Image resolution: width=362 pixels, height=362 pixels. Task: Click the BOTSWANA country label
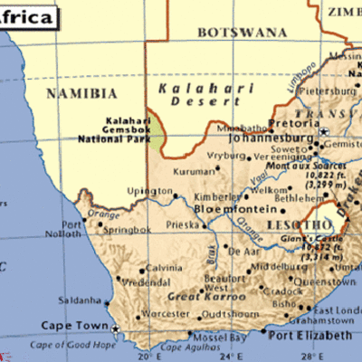click(241, 32)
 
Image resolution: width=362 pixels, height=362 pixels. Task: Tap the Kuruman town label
click(193, 168)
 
